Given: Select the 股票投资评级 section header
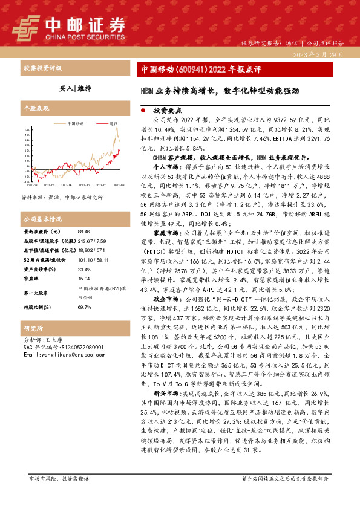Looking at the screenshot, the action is pyautogui.click(x=42, y=68).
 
